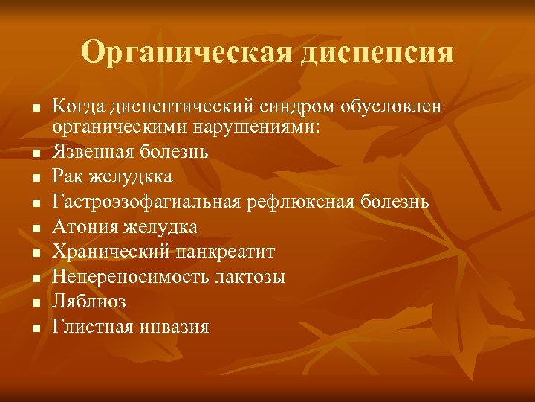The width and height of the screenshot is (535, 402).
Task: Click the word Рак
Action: pos(67,177)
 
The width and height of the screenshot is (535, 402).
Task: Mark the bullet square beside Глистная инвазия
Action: pos(35,328)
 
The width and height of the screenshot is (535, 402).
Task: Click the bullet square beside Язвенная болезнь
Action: pos(35,153)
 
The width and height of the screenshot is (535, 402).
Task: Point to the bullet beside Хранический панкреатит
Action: pos(35,253)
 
